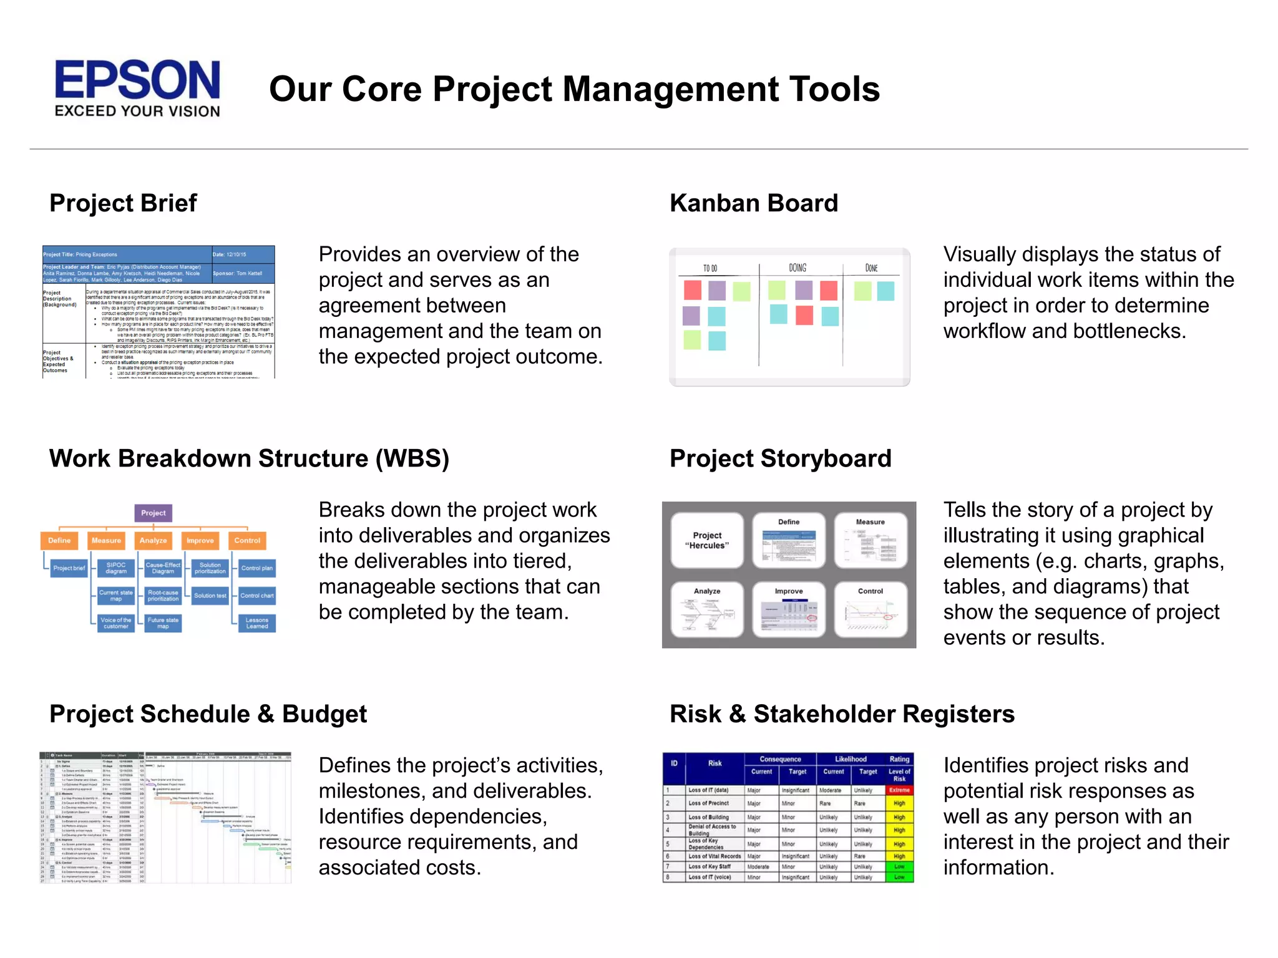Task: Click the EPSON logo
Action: pyautogui.click(x=137, y=80)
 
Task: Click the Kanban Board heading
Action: pyautogui.click(x=753, y=203)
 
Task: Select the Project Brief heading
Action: pyautogui.click(x=123, y=203)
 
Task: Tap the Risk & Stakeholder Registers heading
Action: pyautogui.click(x=842, y=714)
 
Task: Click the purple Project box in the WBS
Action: pyautogui.click(x=153, y=513)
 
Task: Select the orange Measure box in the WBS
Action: pyautogui.click(x=106, y=541)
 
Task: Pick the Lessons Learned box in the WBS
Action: pyautogui.click(x=256, y=623)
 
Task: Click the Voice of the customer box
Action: pyautogui.click(x=116, y=623)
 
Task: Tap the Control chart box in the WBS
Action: pyautogui.click(x=256, y=596)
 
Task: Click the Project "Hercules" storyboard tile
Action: pyautogui.click(x=707, y=540)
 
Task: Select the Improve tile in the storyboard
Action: pyautogui.click(x=789, y=609)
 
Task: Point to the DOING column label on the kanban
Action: pyautogui.click(x=798, y=268)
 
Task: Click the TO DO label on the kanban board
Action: pyautogui.click(x=710, y=268)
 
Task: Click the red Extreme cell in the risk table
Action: pyautogui.click(x=899, y=790)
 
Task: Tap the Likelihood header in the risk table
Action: pyautogui.click(x=851, y=759)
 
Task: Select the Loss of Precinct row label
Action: pyautogui.click(x=709, y=803)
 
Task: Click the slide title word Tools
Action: pyautogui.click(x=834, y=89)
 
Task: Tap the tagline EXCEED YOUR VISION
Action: pyautogui.click(x=137, y=111)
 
